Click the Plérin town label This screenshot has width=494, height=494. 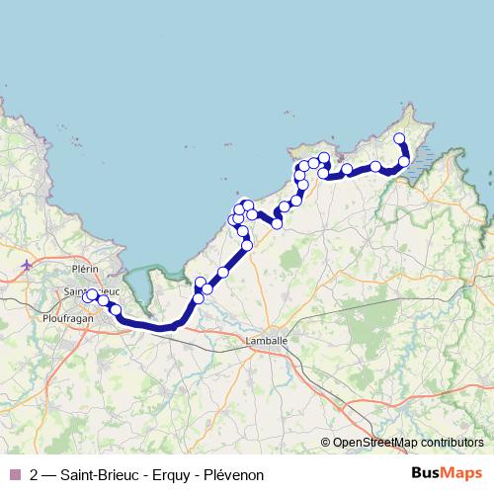tap(88, 268)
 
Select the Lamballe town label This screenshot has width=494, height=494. tap(266, 341)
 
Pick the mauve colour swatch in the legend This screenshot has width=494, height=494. tap(14, 475)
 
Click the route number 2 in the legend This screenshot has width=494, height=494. tap(35, 475)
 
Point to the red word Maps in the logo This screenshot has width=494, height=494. tap(464, 474)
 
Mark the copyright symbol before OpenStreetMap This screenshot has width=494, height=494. tap(325, 444)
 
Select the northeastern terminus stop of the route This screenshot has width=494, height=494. tap(399, 138)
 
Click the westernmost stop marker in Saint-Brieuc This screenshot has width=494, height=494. tap(87, 296)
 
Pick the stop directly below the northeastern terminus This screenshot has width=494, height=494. tap(403, 161)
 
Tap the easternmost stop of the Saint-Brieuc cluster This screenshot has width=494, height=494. tap(116, 310)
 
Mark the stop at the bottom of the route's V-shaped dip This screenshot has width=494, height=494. tap(277, 224)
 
